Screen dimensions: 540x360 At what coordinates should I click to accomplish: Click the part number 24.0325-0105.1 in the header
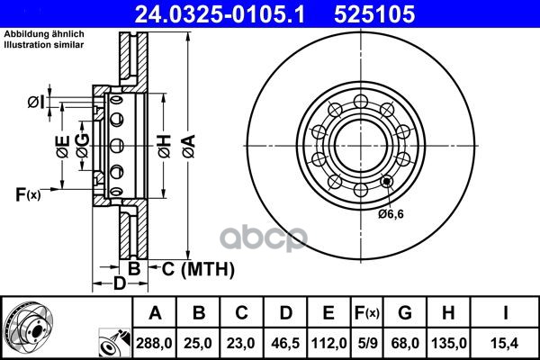click(x=220, y=14)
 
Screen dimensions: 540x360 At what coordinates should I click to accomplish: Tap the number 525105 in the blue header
click(x=374, y=14)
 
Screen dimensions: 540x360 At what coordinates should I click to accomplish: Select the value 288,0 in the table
click(x=154, y=343)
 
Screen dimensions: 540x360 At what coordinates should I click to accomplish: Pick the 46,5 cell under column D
click(x=285, y=343)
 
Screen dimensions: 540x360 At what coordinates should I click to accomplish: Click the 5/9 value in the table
click(x=367, y=343)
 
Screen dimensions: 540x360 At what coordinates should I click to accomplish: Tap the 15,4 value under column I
click(x=505, y=343)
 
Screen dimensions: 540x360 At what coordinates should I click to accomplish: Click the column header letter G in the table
click(x=405, y=312)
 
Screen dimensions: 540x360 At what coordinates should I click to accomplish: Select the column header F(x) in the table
click(x=367, y=313)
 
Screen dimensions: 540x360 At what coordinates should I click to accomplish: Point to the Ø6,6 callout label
click(x=391, y=214)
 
